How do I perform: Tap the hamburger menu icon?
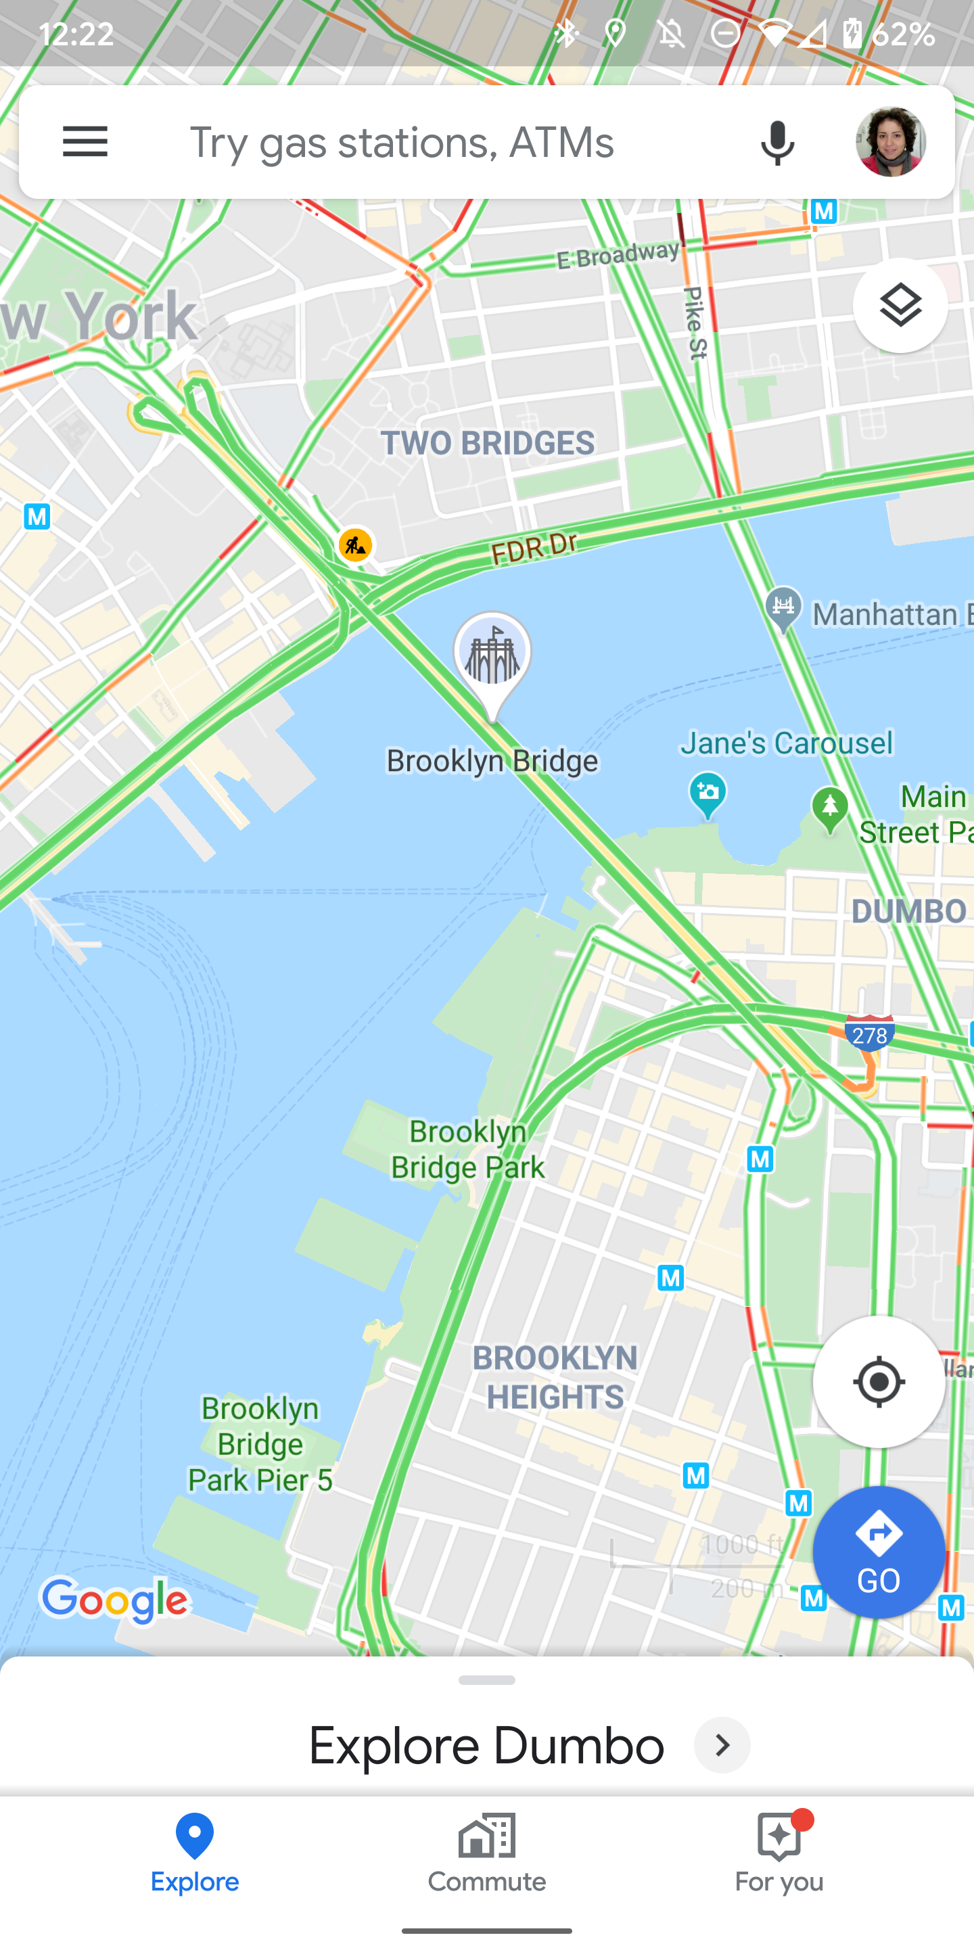(85, 141)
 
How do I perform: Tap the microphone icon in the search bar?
(776, 142)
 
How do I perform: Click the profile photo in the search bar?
(890, 142)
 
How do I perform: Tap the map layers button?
(900, 306)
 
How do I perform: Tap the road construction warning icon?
(354, 544)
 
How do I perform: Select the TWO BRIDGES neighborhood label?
(488, 443)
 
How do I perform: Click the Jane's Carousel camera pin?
(708, 793)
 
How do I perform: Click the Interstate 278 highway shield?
(870, 1034)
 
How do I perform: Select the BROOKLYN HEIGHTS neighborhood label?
(555, 1377)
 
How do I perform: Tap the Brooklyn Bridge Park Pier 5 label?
(260, 1444)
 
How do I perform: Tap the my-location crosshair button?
(879, 1382)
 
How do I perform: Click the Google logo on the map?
(115, 1600)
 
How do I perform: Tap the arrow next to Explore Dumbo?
(722, 1744)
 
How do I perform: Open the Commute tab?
(487, 1853)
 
